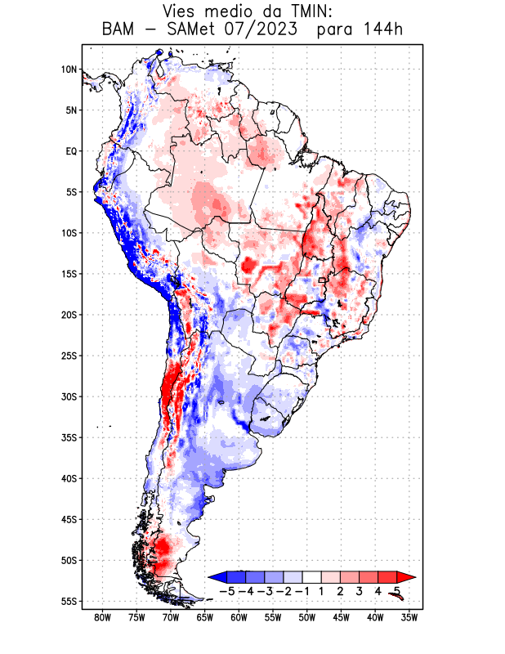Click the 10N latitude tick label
(x=69, y=69)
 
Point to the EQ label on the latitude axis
(x=71, y=151)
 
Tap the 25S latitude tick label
(x=69, y=356)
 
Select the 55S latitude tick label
(x=69, y=602)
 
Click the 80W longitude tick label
(x=102, y=617)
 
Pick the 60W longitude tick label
(x=239, y=617)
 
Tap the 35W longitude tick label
(x=409, y=617)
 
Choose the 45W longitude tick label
(x=341, y=617)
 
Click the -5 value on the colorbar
(x=226, y=590)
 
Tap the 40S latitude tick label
(x=69, y=478)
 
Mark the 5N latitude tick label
(x=71, y=110)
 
